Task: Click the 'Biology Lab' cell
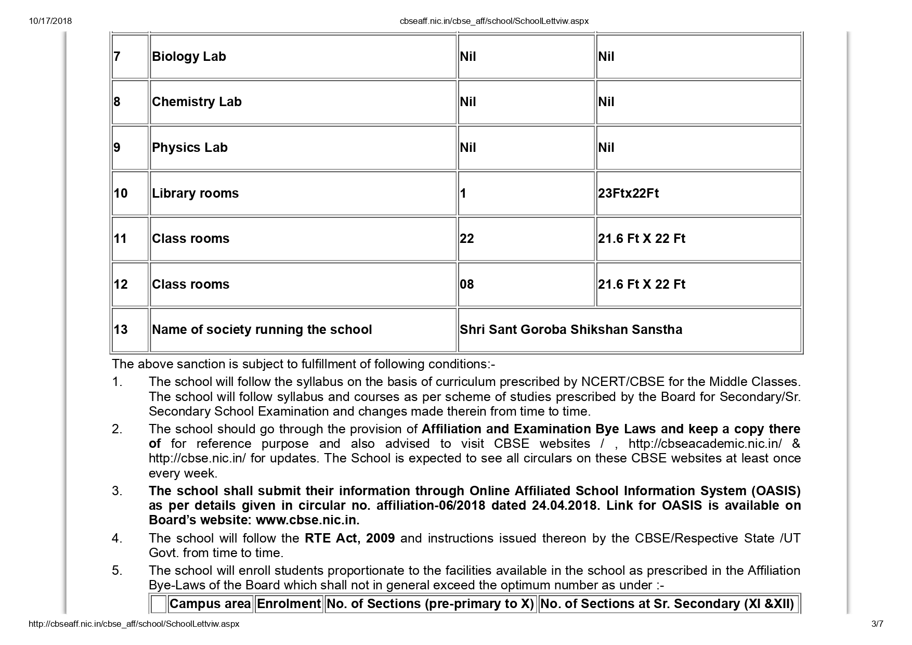[x=189, y=57]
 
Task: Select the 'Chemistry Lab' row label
[x=197, y=102]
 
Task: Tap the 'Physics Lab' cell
[x=190, y=148]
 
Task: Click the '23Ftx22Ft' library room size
[x=628, y=193]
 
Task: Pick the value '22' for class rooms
[x=467, y=239]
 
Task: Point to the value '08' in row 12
[x=467, y=285]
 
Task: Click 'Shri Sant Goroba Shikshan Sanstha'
[x=571, y=330]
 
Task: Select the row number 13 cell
[x=121, y=330]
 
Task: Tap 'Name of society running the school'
[x=262, y=330]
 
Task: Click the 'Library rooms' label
[x=195, y=193]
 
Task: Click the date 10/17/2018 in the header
[x=50, y=21]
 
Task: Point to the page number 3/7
[x=877, y=624]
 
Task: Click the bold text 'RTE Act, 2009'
[x=349, y=538]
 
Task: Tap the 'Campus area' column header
[x=210, y=604]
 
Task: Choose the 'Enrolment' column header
[x=289, y=604]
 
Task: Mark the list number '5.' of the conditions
[x=117, y=571]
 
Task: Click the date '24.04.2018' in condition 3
[x=564, y=506]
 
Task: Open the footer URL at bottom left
[x=134, y=624]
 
